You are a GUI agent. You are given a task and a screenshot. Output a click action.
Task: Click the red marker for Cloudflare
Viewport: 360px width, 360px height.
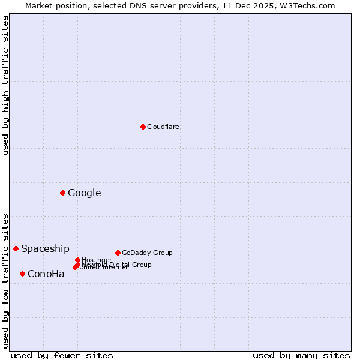pyautogui.click(x=143, y=127)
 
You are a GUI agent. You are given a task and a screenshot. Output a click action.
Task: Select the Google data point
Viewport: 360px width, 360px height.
pyautogui.click(x=62, y=193)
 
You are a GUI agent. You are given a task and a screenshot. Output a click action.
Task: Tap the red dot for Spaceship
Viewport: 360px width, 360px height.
pyautogui.click(x=16, y=248)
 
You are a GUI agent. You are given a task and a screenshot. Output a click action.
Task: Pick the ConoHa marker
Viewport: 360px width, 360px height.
pyautogui.click(x=22, y=274)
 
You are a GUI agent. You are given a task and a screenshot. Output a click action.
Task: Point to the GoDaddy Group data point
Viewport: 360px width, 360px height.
pyautogui.click(x=118, y=253)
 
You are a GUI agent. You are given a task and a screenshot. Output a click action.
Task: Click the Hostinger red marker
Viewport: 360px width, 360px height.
pyautogui.click(x=77, y=260)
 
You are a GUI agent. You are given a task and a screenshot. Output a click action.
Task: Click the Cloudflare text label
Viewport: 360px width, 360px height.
pyautogui.click(x=163, y=127)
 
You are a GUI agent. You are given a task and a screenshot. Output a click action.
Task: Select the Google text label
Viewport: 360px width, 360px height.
pyautogui.click(x=84, y=193)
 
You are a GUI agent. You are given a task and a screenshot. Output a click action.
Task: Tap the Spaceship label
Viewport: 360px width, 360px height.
pyautogui.click(x=45, y=248)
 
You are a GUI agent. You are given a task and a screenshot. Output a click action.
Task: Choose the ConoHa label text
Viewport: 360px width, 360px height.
pyautogui.click(x=46, y=274)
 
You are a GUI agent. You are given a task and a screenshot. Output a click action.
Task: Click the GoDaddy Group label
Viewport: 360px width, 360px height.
pyautogui.click(x=146, y=253)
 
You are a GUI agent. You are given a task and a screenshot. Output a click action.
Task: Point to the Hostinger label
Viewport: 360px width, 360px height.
pyautogui.click(x=97, y=260)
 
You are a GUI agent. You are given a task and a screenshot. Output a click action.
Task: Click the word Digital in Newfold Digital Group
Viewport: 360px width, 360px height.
pyautogui.click(x=119, y=265)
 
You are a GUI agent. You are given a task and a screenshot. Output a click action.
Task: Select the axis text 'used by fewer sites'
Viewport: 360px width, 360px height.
pyautogui.click(x=62, y=355)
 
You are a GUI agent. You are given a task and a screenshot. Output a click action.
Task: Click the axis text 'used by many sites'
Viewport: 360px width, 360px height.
pyautogui.click(x=301, y=355)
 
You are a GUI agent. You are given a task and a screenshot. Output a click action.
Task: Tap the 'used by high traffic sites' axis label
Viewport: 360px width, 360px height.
pyautogui.click(x=5, y=85)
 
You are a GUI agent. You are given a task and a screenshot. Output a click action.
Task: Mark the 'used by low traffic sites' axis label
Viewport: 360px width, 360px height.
pyautogui.click(x=5, y=280)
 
